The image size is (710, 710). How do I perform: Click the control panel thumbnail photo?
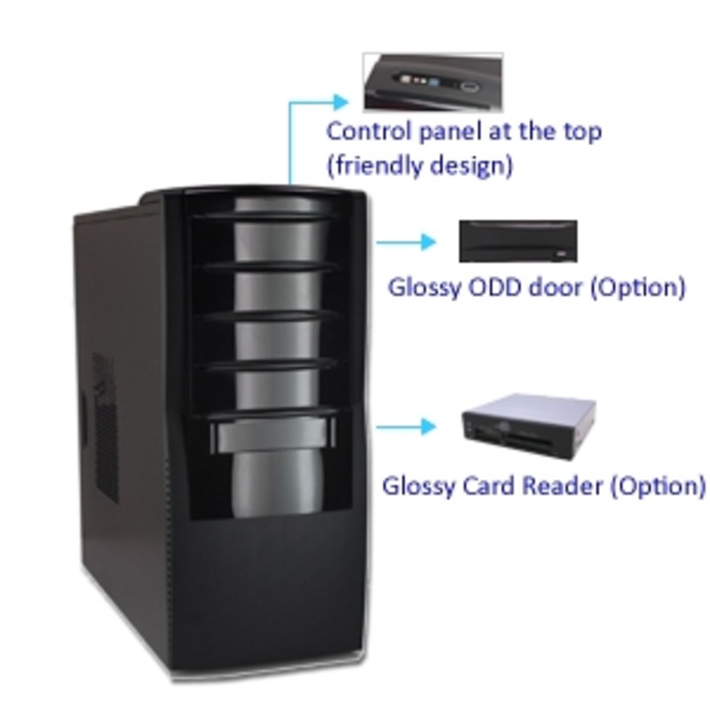pos(432,83)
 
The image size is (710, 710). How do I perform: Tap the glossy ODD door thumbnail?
pos(517,241)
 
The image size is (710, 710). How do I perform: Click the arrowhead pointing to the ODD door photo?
pos(430,241)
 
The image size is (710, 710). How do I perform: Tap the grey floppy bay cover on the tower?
pos(272,435)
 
